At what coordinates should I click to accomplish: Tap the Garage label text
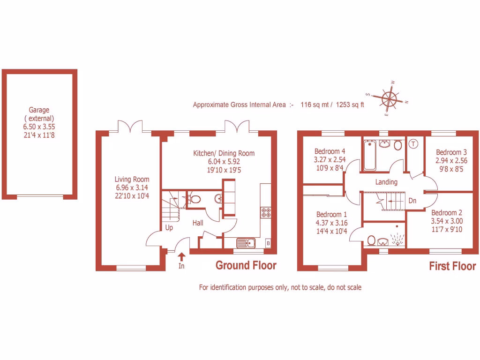39,110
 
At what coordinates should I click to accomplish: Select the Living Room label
132,179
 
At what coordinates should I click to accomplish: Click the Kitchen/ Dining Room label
224,153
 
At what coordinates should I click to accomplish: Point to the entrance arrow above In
182,256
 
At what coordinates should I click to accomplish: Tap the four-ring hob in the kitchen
266,212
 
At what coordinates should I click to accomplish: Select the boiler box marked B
268,243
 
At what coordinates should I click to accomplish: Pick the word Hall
198,223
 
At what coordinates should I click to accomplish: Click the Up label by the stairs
169,228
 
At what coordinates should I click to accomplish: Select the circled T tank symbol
413,144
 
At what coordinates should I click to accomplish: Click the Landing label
386,182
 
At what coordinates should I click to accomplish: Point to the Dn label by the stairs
412,201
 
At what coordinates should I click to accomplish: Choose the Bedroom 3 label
451,152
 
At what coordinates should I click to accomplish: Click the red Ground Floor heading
246,266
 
